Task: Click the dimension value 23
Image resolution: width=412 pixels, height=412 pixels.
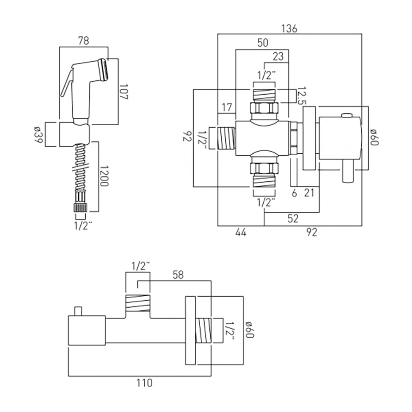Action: (x=278, y=57)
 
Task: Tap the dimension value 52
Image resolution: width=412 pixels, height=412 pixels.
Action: (x=293, y=219)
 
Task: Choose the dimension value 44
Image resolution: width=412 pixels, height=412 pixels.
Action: (x=241, y=233)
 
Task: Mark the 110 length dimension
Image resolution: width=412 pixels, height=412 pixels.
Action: (x=143, y=383)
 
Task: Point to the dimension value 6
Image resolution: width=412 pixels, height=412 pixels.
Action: (x=294, y=192)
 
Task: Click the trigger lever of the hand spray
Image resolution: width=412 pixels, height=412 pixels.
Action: (x=67, y=84)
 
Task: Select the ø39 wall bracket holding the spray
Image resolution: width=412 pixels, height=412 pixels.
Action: (x=74, y=134)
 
